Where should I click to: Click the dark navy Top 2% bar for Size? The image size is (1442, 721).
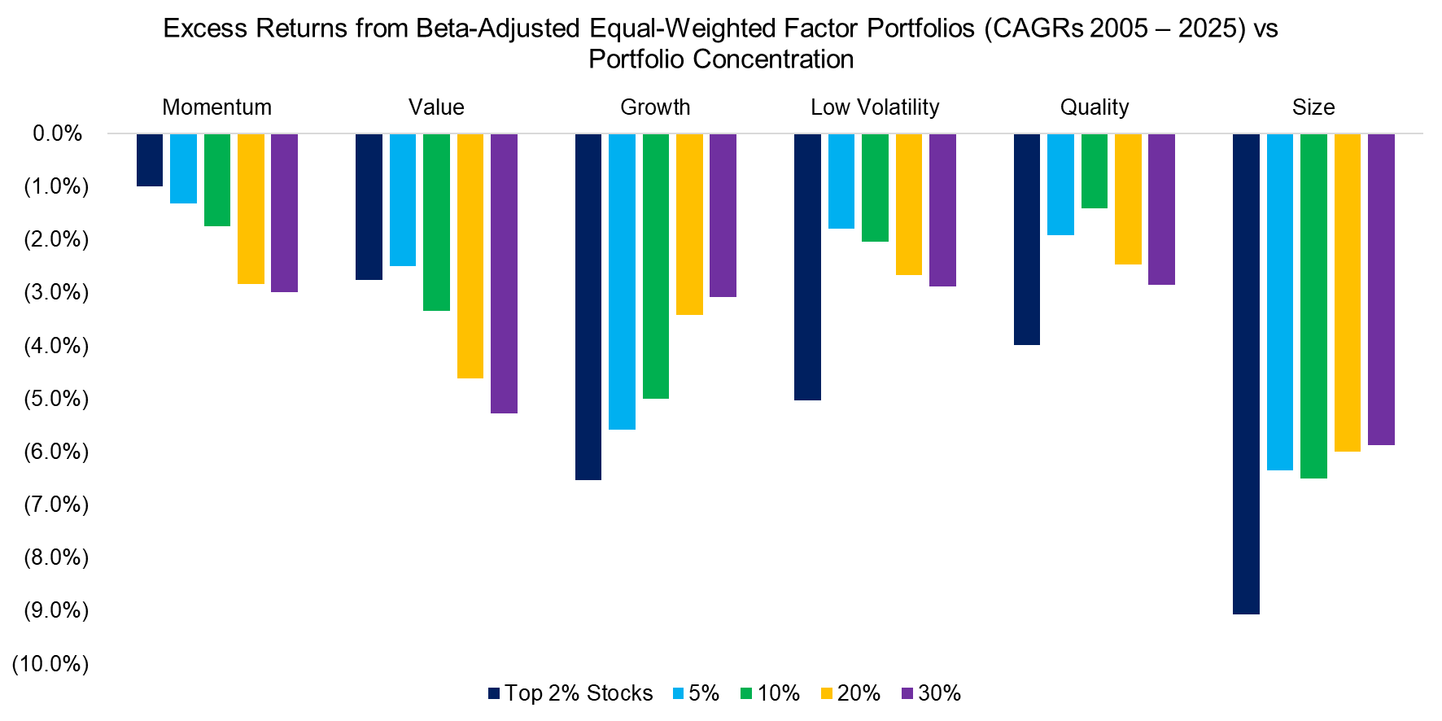1246,374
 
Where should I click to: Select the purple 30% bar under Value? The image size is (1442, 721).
504,273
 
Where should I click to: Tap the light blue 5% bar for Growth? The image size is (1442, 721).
622,282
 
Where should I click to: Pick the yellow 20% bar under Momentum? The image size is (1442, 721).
251,209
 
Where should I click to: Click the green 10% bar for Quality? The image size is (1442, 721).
1094,171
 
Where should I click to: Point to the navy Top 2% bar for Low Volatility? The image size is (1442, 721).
807,267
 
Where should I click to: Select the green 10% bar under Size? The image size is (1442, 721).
1313,306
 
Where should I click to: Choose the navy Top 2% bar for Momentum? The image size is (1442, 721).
150,160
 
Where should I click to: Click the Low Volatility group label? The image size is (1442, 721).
875,107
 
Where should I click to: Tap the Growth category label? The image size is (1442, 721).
655,107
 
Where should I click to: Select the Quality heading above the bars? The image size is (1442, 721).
1094,107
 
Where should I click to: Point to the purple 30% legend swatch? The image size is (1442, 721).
907,693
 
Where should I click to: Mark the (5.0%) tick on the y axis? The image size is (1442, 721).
56,399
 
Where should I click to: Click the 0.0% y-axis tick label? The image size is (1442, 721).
57,133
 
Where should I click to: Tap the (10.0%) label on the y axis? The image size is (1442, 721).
50,664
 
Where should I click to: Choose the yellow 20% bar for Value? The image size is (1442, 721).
470,256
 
